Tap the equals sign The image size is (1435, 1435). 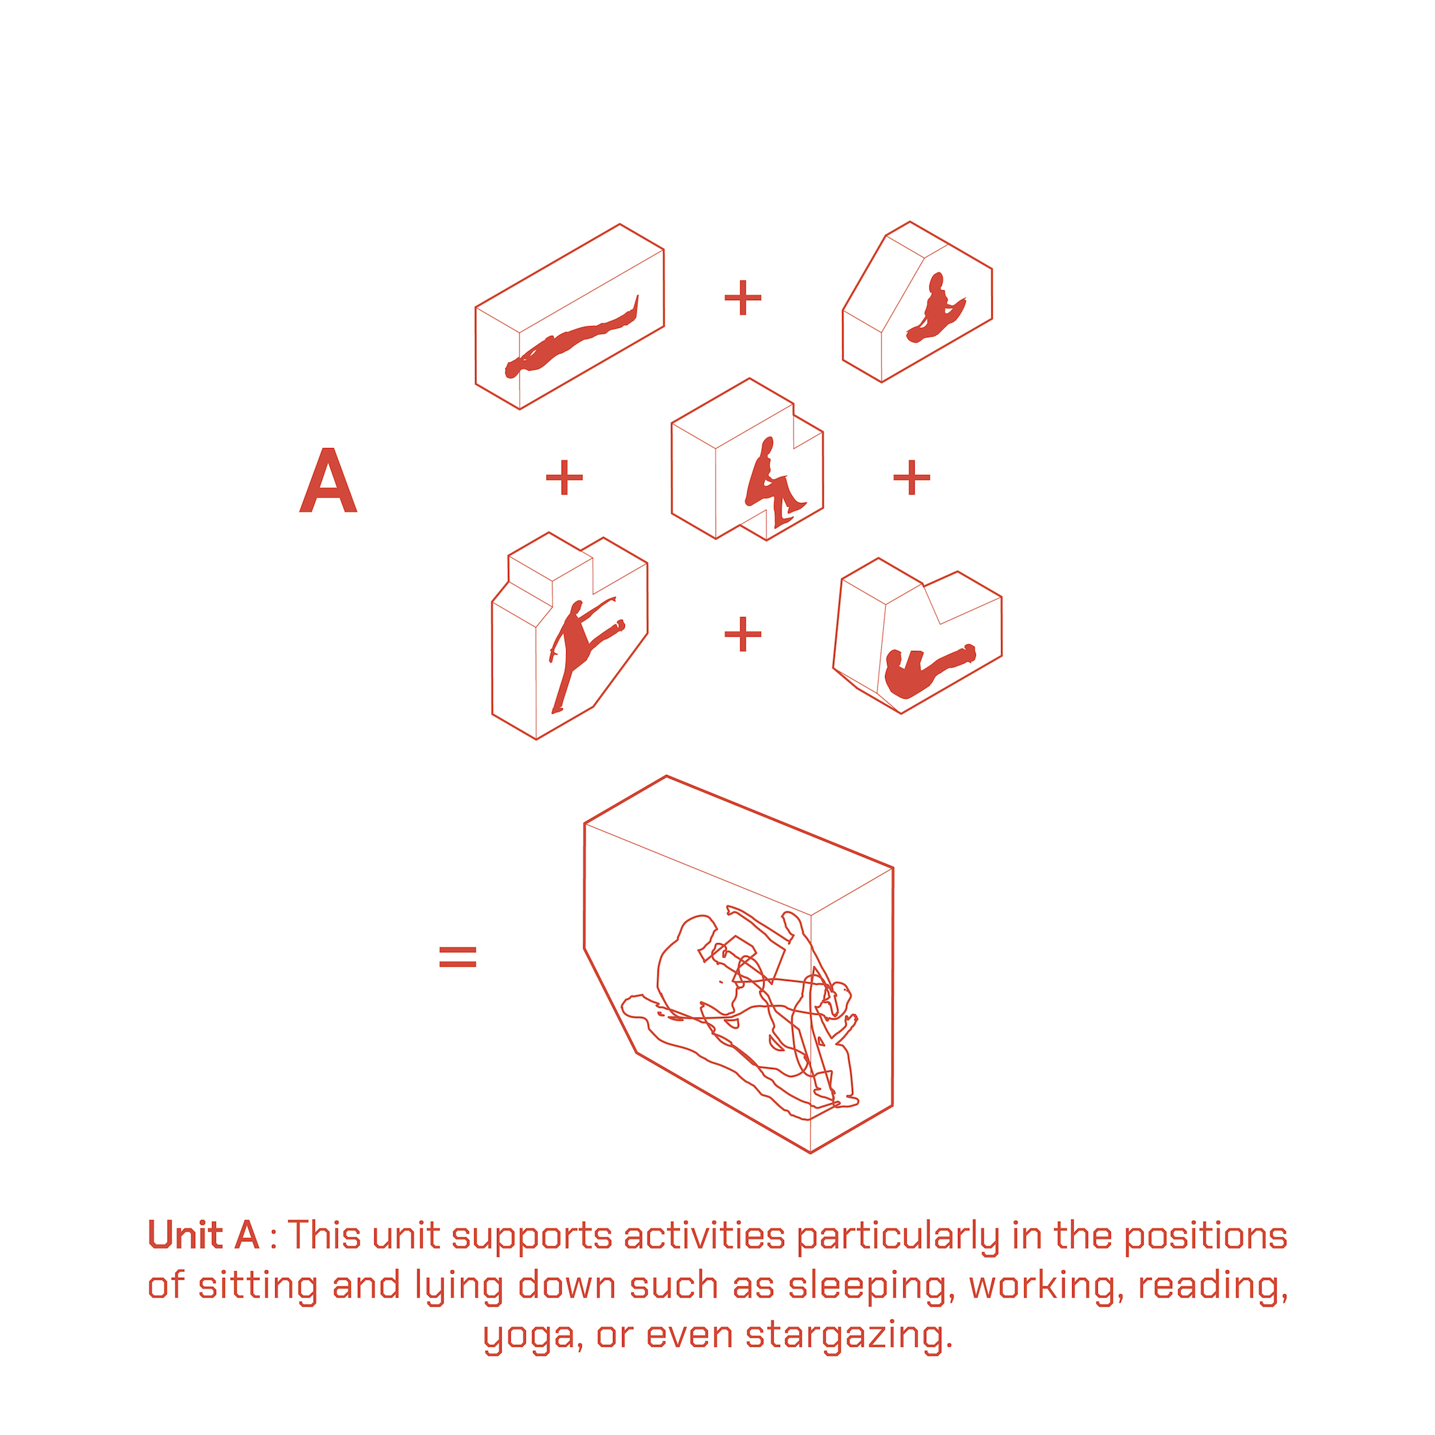(x=457, y=957)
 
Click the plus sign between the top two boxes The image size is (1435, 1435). (x=743, y=298)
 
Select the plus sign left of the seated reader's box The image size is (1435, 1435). (x=564, y=477)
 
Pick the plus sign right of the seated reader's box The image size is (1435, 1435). (x=911, y=477)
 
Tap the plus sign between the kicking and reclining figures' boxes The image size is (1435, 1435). (x=743, y=633)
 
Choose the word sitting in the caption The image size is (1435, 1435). (x=258, y=1285)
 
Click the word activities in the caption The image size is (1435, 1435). (x=704, y=1235)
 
